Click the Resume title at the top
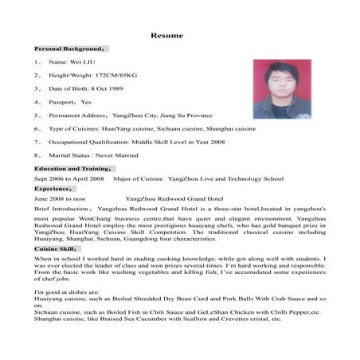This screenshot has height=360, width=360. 168,35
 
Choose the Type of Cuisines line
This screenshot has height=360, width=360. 151,127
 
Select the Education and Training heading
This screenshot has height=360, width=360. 75,169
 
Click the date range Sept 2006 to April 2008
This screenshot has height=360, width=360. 69,179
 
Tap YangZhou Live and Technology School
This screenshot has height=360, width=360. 226,179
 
